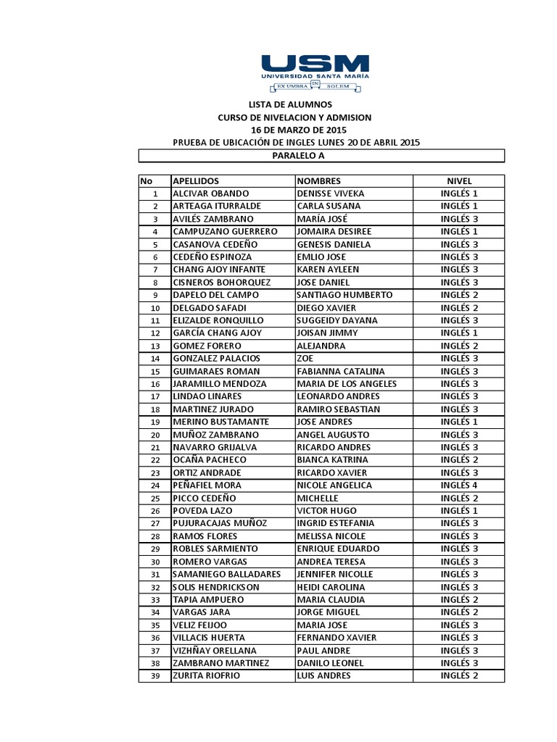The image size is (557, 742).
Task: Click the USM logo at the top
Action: click(315, 72)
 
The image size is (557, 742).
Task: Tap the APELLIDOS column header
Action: click(196, 180)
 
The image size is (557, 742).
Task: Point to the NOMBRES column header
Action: click(319, 180)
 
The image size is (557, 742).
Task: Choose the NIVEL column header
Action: click(459, 180)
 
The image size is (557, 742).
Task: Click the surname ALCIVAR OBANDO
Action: click(211, 193)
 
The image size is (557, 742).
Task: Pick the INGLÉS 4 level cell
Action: click(459, 485)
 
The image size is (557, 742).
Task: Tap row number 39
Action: click(154, 676)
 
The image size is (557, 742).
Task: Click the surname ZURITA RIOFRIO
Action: click(206, 675)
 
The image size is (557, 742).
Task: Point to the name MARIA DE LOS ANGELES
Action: click(347, 383)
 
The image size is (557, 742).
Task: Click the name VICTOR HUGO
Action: click(326, 511)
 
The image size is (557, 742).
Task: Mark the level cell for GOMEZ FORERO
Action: click(459, 346)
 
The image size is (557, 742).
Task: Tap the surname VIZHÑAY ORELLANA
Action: click(215, 650)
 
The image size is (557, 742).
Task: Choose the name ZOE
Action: click(305, 358)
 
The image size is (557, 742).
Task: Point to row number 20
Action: click(154, 435)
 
